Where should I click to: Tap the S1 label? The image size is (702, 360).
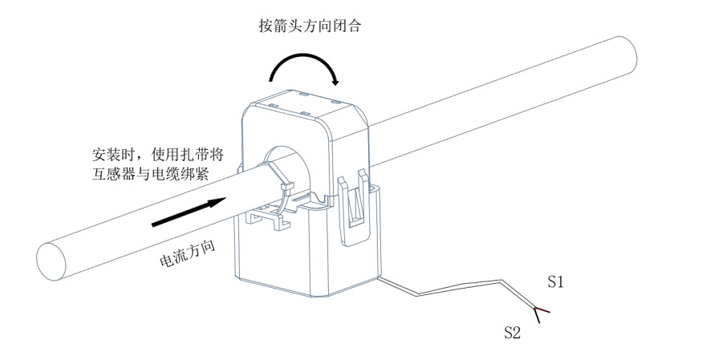pyautogui.click(x=557, y=281)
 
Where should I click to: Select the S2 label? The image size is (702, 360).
pyautogui.click(x=512, y=330)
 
